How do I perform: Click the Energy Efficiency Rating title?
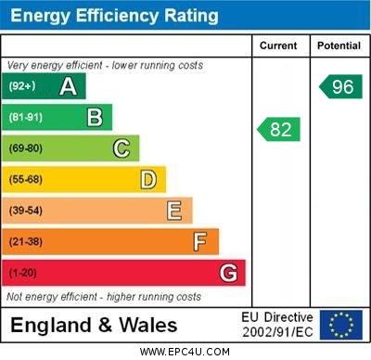(x=114, y=16)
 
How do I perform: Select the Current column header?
(x=278, y=45)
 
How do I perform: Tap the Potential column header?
(x=339, y=45)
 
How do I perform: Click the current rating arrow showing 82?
(x=279, y=129)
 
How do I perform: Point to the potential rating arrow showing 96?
(x=340, y=87)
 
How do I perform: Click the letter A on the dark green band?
(x=68, y=87)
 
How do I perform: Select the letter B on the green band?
(x=95, y=118)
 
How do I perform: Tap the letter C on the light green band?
(x=121, y=148)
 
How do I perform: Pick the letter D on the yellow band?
(x=147, y=179)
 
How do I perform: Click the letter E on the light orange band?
(x=173, y=211)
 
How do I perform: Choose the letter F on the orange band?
(x=199, y=242)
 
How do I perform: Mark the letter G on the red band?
(x=227, y=273)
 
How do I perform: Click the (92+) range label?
(x=23, y=87)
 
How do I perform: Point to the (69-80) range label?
(x=26, y=148)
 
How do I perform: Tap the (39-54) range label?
(x=26, y=211)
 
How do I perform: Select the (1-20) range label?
(x=23, y=273)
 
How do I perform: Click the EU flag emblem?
(x=340, y=325)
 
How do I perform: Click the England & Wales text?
(x=94, y=325)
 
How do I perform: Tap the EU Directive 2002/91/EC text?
(x=277, y=325)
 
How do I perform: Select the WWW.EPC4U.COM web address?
(x=185, y=352)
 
